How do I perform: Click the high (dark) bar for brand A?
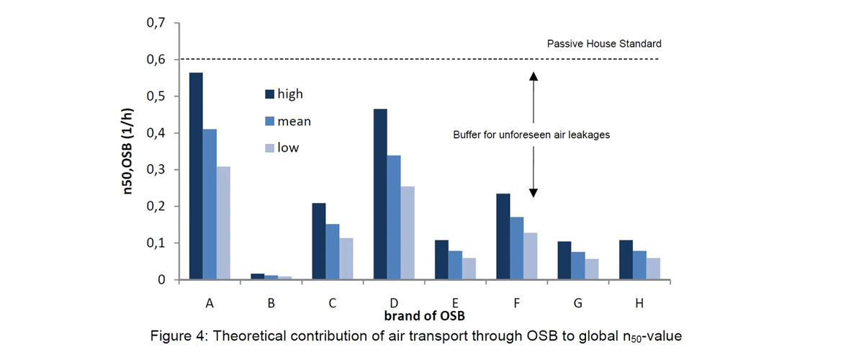point(196,176)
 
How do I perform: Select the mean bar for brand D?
point(393,217)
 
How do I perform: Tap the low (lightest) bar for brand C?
point(346,258)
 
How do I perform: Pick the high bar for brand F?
point(503,236)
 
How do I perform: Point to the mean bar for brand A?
point(210,204)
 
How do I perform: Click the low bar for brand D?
point(407,233)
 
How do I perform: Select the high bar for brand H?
point(625,259)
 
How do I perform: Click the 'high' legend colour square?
point(270,94)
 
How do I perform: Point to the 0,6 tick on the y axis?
point(155,60)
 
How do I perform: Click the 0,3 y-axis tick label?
point(155,170)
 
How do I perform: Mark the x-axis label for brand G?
point(577,304)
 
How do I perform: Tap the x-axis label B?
point(271,304)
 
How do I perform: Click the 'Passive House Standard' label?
point(603,44)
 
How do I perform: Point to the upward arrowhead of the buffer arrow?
point(534,76)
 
